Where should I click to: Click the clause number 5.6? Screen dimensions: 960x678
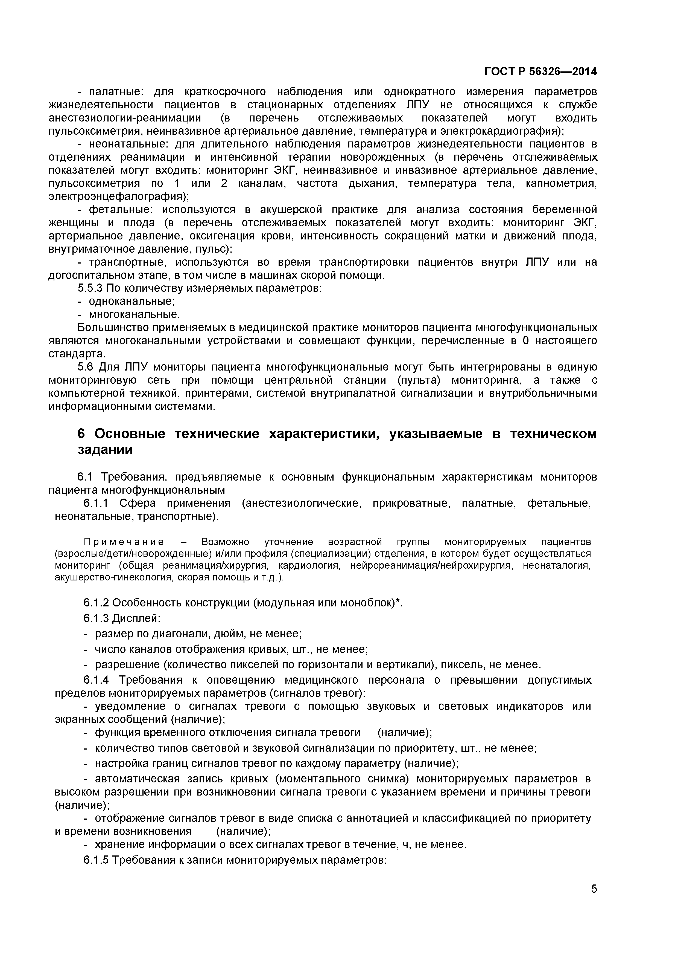pyautogui.click(x=86, y=367)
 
